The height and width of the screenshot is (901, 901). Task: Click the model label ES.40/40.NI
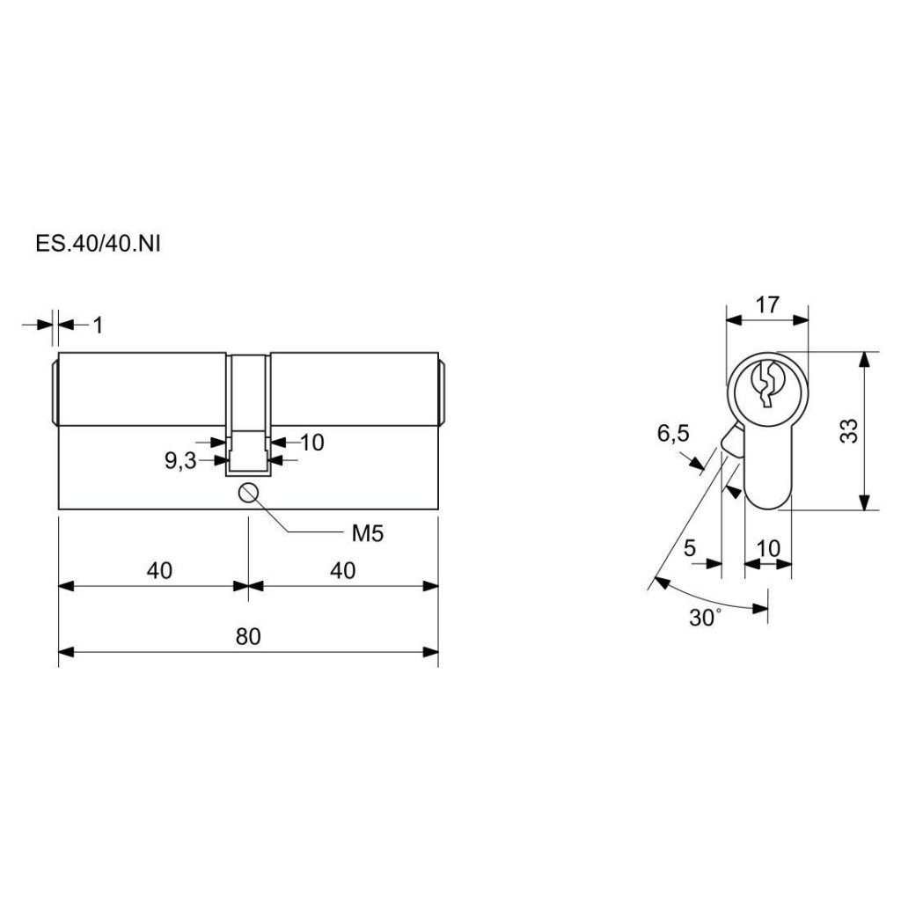(x=98, y=244)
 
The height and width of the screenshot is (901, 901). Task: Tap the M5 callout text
(x=367, y=534)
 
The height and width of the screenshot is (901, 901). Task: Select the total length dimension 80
(x=248, y=636)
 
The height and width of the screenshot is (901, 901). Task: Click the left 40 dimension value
(x=159, y=570)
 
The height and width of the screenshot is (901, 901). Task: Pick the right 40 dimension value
(x=342, y=570)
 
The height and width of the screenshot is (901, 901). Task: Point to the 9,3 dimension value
(x=180, y=461)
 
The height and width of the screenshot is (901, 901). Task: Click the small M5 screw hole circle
(x=248, y=493)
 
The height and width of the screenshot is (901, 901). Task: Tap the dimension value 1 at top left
(x=99, y=326)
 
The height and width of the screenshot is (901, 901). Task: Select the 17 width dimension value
(x=767, y=304)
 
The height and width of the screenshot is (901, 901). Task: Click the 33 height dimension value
(x=849, y=431)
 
